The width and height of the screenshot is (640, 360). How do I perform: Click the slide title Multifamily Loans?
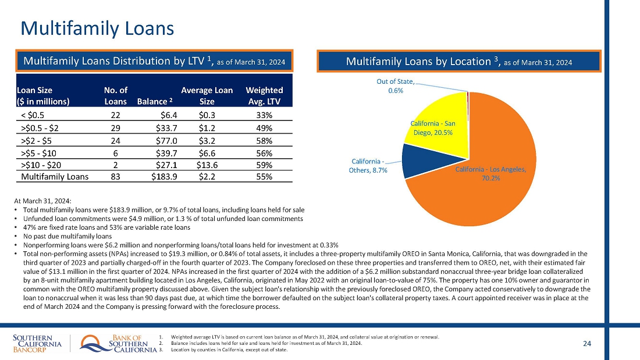(97, 27)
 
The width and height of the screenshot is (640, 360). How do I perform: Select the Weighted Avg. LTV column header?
(264, 95)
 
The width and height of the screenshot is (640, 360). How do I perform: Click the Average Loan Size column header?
(207, 95)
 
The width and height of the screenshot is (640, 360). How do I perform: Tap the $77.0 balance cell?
(166, 140)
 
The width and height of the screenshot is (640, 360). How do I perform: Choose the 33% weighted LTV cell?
(264, 116)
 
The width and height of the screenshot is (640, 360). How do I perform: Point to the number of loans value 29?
(115, 128)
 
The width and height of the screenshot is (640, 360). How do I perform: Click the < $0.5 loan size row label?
(37, 116)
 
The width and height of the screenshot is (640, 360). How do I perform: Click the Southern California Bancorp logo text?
(37, 344)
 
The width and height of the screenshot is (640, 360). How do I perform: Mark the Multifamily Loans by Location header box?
(459, 62)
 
